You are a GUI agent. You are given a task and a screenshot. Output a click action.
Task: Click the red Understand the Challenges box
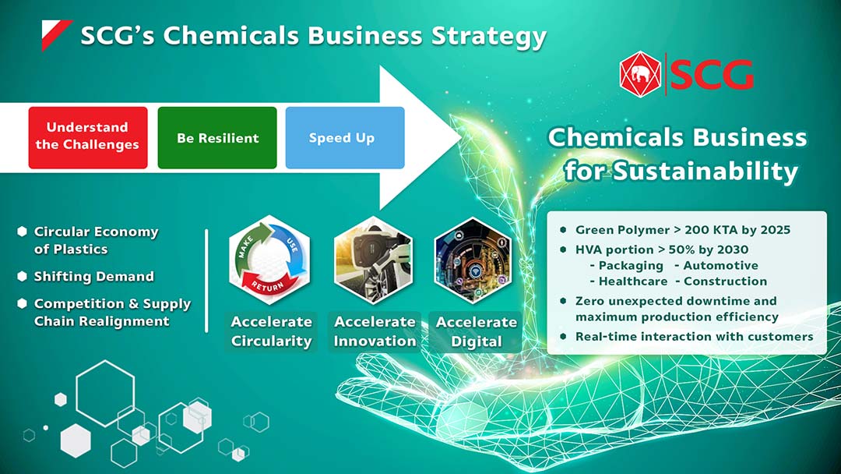(x=87, y=137)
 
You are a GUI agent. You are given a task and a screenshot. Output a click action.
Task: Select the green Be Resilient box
(x=217, y=137)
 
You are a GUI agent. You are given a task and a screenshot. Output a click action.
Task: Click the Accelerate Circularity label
(x=271, y=331)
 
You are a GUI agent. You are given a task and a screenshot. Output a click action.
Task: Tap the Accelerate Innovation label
(x=375, y=331)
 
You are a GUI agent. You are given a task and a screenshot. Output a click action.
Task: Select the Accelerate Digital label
(x=477, y=331)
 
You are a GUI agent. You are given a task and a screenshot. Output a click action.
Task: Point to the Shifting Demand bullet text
(x=93, y=277)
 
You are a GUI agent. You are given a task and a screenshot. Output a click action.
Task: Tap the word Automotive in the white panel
(x=721, y=266)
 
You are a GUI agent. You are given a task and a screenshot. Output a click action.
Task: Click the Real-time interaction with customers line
(x=694, y=337)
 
